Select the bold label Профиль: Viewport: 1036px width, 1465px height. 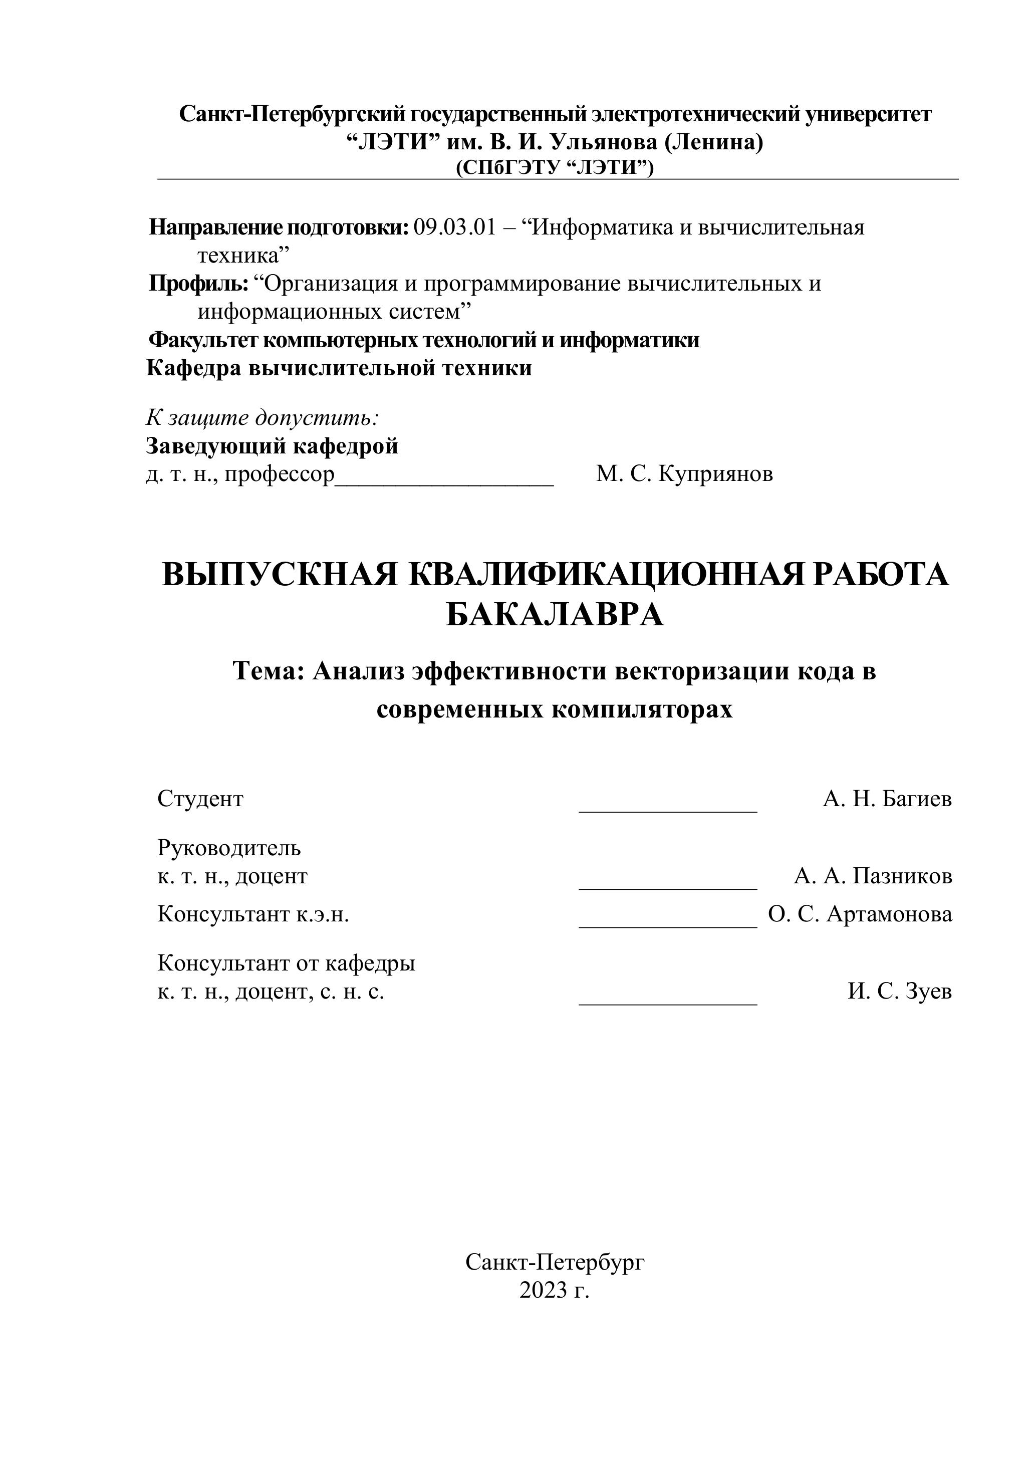pyautogui.click(x=198, y=283)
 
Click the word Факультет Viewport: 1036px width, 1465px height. pyautogui.click(x=203, y=340)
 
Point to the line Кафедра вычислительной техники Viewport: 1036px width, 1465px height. pyautogui.click(x=339, y=368)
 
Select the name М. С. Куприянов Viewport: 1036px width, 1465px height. pyautogui.click(x=684, y=474)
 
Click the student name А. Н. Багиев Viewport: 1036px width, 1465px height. pyautogui.click(x=887, y=798)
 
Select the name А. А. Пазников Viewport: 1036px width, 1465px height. pyautogui.click(x=873, y=876)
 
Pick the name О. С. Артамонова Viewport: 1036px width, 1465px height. pyautogui.click(x=860, y=914)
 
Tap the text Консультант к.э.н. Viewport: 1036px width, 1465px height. pyautogui.click(x=253, y=914)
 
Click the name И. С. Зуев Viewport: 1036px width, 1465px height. pyautogui.click(x=899, y=991)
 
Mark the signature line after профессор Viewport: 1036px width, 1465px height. pyautogui.click(x=445, y=483)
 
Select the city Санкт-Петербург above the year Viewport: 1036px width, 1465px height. pyautogui.click(x=555, y=1262)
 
